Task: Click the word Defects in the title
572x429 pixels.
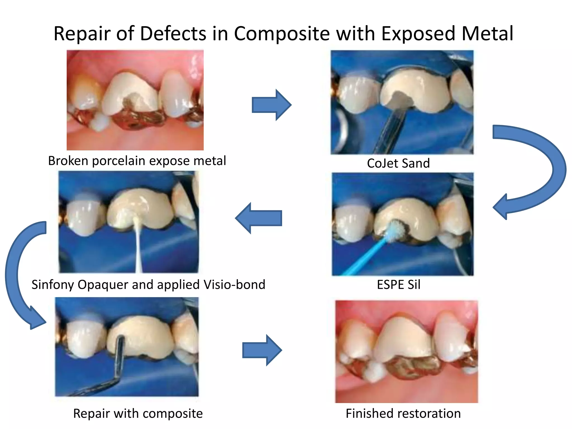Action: pos(173,34)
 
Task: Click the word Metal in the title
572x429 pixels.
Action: pos(487,34)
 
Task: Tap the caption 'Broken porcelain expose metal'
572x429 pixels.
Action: pos(137,161)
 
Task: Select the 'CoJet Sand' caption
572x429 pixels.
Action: pos(398,163)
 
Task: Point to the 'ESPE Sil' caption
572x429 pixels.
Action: pos(399,285)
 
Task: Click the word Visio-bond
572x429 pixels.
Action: pos(234,285)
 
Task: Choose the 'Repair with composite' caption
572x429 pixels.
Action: pos(138,414)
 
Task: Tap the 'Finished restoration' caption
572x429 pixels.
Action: pos(403,414)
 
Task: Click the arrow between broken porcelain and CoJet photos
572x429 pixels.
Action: pos(271,105)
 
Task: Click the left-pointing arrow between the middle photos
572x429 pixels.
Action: pos(258,218)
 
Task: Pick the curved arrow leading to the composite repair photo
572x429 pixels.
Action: pos(20,274)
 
